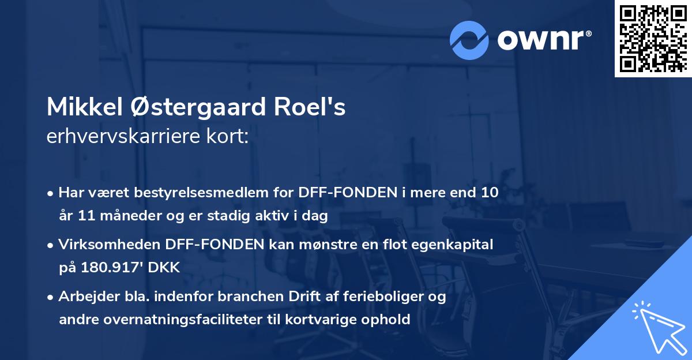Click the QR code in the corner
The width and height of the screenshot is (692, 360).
tap(652, 39)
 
